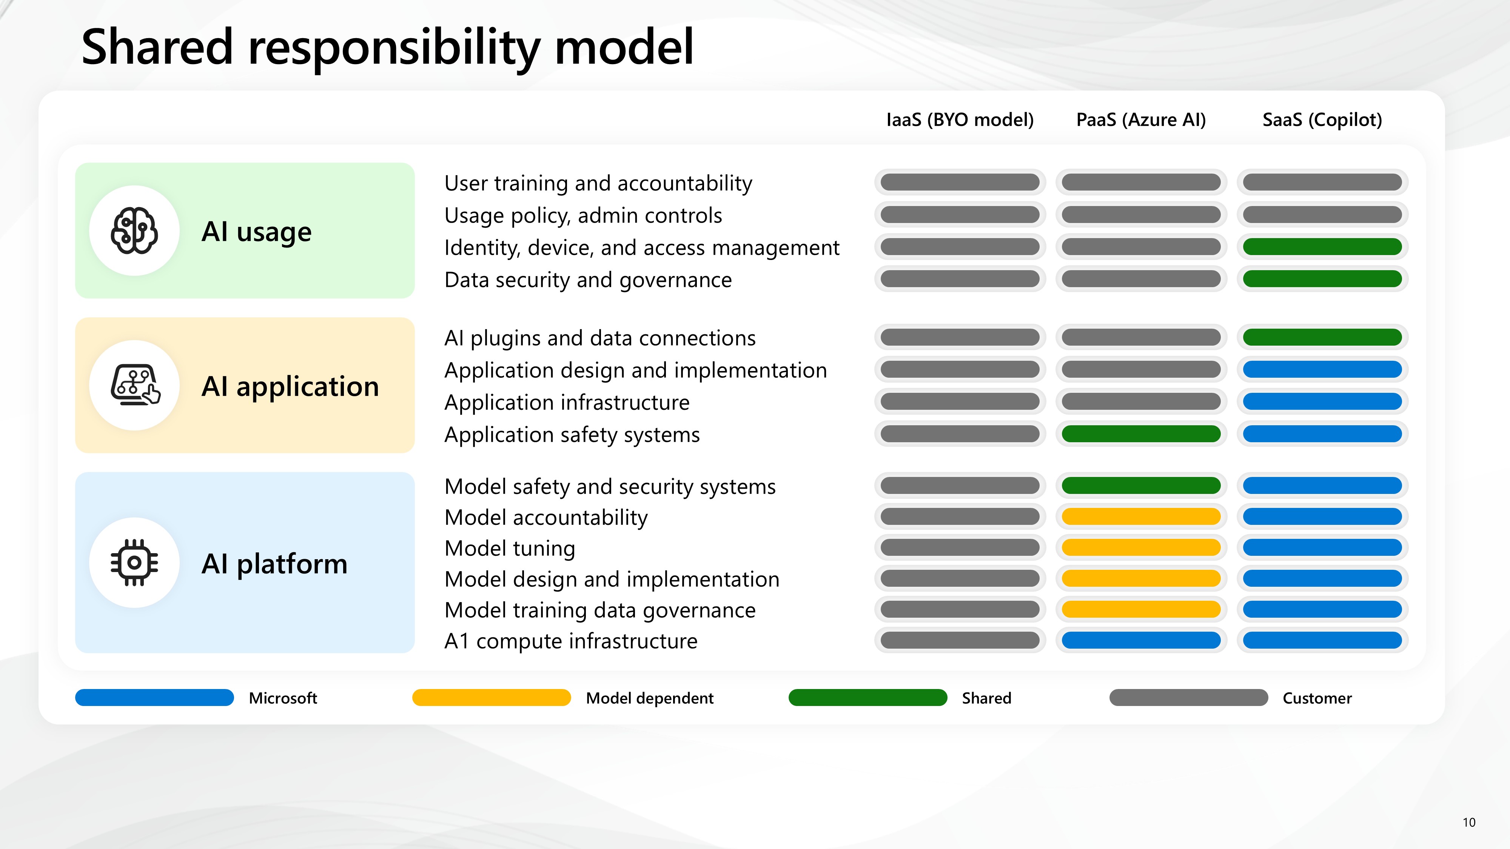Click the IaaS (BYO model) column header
[960, 120]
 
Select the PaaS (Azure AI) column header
[1141, 120]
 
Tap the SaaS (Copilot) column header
[1322, 120]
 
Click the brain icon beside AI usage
[134, 231]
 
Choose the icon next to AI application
[136, 385]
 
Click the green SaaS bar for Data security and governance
[1322, 279]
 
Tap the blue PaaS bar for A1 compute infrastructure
[1141, 640]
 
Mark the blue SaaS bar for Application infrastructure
[1322, 401]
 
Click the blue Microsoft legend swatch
[154, 697]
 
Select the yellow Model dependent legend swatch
[491, 697]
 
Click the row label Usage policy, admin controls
[583, 215]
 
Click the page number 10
[1469, 822]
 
